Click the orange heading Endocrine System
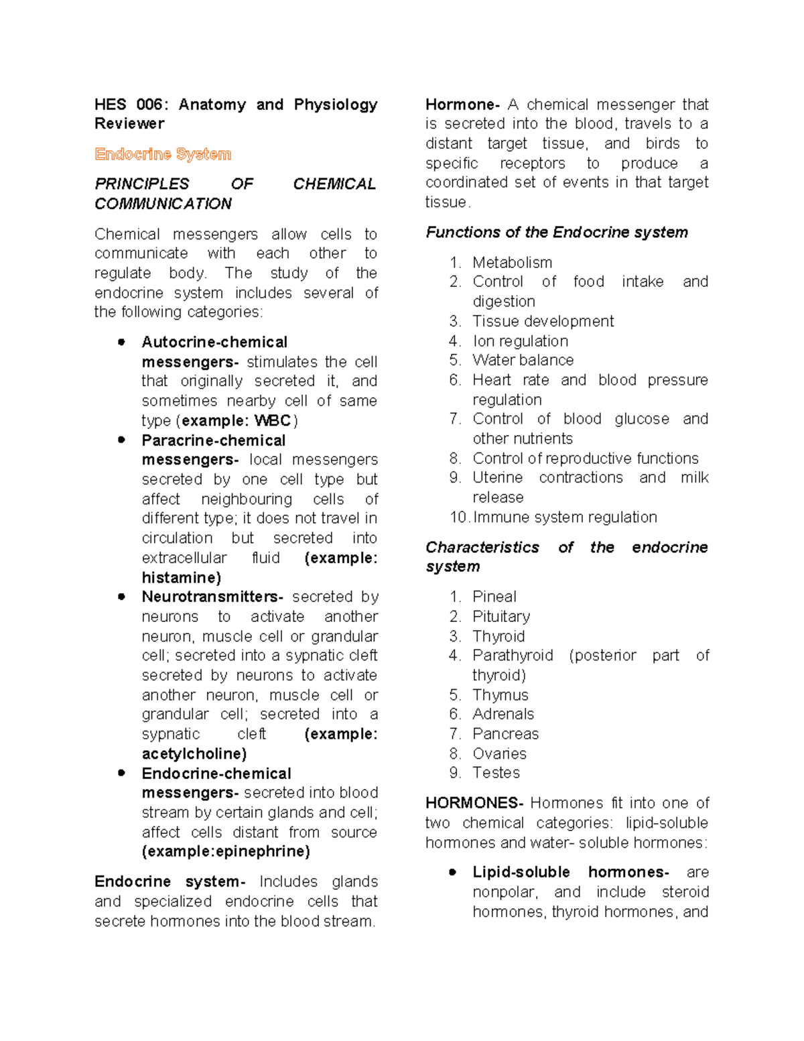tap(163, 154)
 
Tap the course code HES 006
tap(129, 105)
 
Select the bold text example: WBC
tap(236, 420)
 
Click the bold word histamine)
tap(181, 577)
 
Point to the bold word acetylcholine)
tap(194, 753)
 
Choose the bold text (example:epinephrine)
tap(226, 851)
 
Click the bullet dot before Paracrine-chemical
tap(121, 440)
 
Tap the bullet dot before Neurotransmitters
tap(121, 597)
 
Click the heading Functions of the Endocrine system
tap(557, 232)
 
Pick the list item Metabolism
tap(512, 262)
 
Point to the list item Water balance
tap(523, 360)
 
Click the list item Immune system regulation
tap(565, 517)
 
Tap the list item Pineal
tap(494, 597)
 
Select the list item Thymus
tap(500, 694)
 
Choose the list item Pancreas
tap(505, 733)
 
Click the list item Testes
tap(496, 773)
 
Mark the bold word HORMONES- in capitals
tap(474, 803)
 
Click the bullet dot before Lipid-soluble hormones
tap(453, 872)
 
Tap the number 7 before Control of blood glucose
tap(455, 419)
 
